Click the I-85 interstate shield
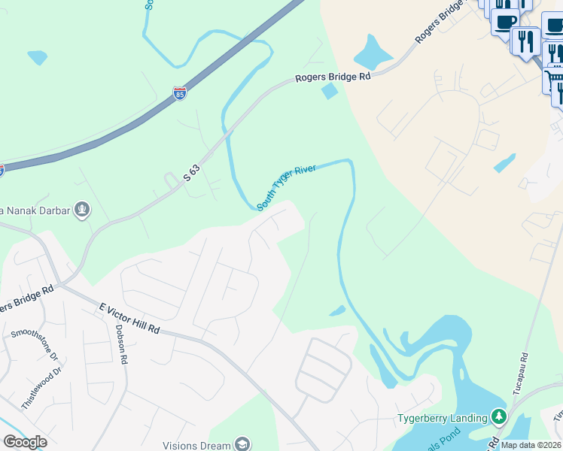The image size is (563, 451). [x=179, y=93]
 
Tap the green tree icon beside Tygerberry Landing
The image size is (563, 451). [x=498, y=416]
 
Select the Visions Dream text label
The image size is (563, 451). [x=196, y=445]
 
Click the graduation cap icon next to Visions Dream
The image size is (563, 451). [x=242, y=444]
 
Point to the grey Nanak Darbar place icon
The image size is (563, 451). [x=83, y=210]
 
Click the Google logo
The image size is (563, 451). [x=25, y=442]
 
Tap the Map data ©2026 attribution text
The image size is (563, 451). [x=531, y=445]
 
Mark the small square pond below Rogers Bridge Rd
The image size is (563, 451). [x=329, y=92]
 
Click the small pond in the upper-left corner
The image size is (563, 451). [x=37, y=57]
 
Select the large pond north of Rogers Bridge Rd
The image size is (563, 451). [x=372, y=53]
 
